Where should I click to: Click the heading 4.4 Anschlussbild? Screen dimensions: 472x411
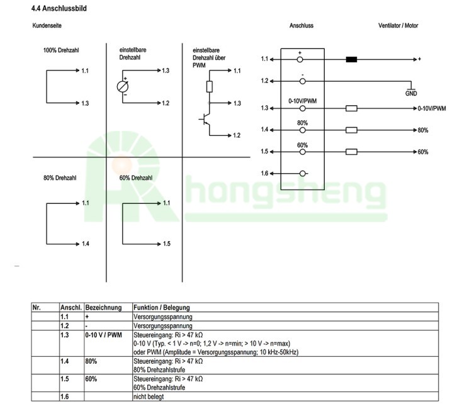pos(59,8)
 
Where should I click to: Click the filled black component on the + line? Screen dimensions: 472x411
pos(351,59)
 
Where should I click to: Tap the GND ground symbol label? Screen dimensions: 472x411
pos(411,93)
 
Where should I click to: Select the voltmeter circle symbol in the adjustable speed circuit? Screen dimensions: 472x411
pos(123,87)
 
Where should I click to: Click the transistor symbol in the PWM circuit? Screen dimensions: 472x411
pos(205,119)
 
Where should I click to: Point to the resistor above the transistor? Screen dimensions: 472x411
pos(210,87)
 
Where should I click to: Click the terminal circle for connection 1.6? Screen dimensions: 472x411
pos(303,174)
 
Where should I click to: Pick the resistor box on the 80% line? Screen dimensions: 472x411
pos(351,130)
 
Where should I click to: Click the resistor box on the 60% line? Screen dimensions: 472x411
pos(351,152)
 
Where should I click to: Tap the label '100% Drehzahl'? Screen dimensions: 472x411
pos(61,50)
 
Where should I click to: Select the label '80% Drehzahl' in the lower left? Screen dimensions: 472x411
pos(60,178)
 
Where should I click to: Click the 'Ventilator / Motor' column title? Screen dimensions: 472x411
pos(398,26)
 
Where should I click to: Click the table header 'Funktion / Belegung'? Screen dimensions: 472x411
pos(162,307)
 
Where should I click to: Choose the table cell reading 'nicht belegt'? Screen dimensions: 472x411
pos(149,397)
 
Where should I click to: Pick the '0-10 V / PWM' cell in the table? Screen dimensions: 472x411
pos(104,335)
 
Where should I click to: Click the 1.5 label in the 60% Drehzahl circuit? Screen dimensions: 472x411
pos(167,244)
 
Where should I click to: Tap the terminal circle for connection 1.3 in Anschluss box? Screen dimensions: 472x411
pos(303,108)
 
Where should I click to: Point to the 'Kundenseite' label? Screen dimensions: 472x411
pos(47,26)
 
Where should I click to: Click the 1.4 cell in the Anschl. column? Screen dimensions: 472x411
pos(65,361)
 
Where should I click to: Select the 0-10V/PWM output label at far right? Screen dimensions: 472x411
pos(432,108)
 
